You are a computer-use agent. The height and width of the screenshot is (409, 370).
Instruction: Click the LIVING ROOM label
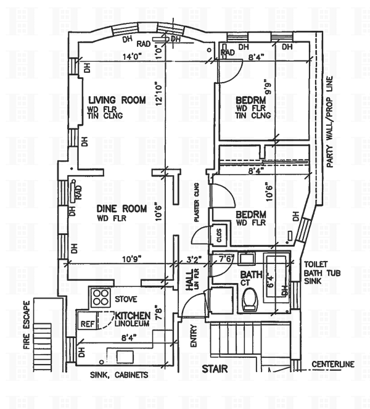tap(117, 100)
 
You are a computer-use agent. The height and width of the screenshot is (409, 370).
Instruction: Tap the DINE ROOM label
tap(121, 209)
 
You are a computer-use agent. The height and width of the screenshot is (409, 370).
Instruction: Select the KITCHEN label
tap(133, 316)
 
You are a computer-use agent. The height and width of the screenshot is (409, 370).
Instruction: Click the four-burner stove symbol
tap(101, 297)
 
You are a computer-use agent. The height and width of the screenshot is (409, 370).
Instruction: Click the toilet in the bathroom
tap(250, 300)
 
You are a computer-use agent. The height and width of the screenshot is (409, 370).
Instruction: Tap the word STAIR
tap(215, 369)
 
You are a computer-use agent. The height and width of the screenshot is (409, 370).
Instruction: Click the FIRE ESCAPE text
tap(27, 325)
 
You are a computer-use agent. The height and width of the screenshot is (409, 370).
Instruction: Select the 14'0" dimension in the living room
tap(132, 56)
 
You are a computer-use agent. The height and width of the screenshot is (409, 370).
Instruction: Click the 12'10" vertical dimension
tap(158, 94)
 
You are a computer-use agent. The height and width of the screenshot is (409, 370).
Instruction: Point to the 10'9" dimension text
tap(132, 259)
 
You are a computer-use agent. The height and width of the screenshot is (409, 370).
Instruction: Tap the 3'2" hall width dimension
tap(194, 260)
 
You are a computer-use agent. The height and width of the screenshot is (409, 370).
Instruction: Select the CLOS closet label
tap(219, 235)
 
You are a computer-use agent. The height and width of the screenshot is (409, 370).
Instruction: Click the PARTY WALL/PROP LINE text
tap(329, 122)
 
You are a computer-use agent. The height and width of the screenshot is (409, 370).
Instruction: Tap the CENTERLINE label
tap(333, 364)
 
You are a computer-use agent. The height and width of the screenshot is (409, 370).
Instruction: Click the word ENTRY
tap(194, 336)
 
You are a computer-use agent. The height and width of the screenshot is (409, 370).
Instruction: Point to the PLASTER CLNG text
tap(197, 202)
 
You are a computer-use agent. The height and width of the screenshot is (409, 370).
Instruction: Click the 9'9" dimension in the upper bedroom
tap(268, 89)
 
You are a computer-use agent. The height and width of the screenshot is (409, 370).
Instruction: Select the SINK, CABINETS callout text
tap(119, 375)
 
